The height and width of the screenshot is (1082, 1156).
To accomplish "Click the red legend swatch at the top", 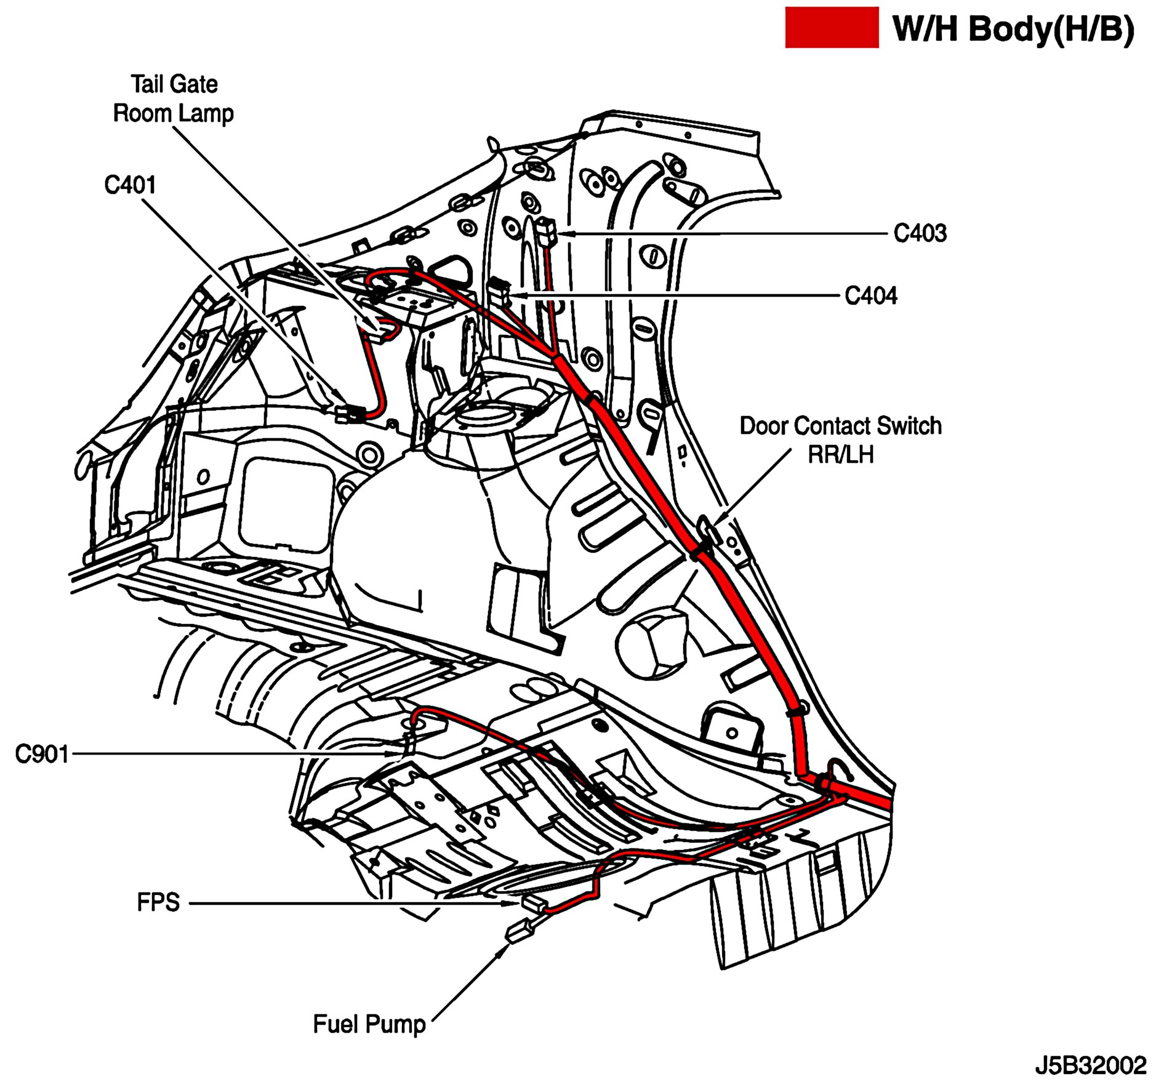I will click(831, 27).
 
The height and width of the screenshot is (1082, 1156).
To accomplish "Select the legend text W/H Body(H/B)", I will click(1013, 28).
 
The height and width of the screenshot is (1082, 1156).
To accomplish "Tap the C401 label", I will click(130, 185).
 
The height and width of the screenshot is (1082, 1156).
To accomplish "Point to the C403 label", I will click(920, 233).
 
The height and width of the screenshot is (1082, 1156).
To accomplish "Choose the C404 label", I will click(870, 296).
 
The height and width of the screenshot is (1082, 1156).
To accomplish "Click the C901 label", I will click(41, 754).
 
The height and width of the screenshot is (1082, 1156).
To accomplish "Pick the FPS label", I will click(158, 902).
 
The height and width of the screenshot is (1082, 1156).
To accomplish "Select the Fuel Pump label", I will click(369, 1024).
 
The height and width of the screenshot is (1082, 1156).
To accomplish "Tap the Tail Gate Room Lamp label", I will click(174, 99).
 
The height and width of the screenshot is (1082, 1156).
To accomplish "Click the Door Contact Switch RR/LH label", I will click(840, 440).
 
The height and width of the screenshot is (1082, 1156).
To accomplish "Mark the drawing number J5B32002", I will click(1090, 1065).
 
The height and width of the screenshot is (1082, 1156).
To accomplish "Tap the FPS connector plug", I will click(534, 904).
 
